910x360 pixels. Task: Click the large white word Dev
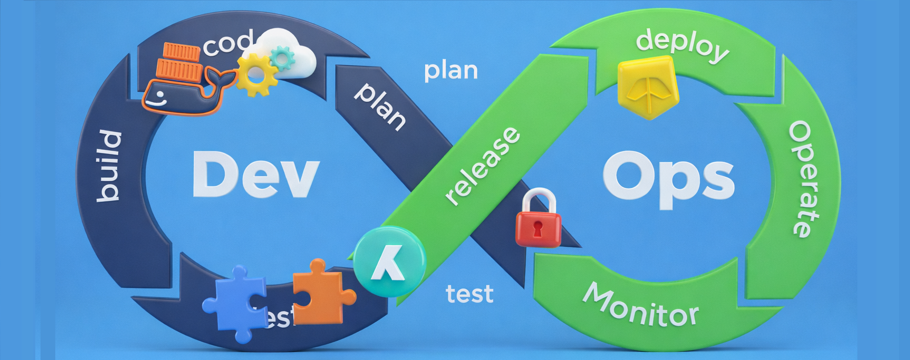[256, 174]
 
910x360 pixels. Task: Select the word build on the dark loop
[109, 165]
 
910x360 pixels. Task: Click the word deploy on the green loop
[682, 45]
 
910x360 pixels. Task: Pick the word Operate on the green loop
[804, 179]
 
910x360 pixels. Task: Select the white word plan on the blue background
[451, 71]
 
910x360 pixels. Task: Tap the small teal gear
[283, 57]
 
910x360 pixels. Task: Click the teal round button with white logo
[389, 262]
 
